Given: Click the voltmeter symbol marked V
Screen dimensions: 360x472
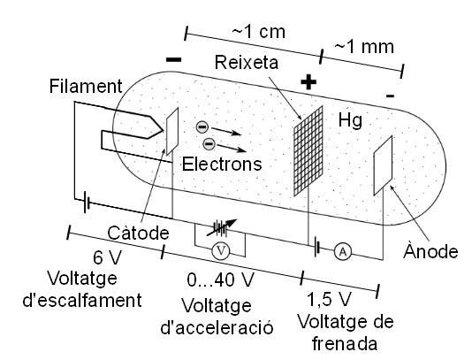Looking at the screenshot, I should (223, 250).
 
